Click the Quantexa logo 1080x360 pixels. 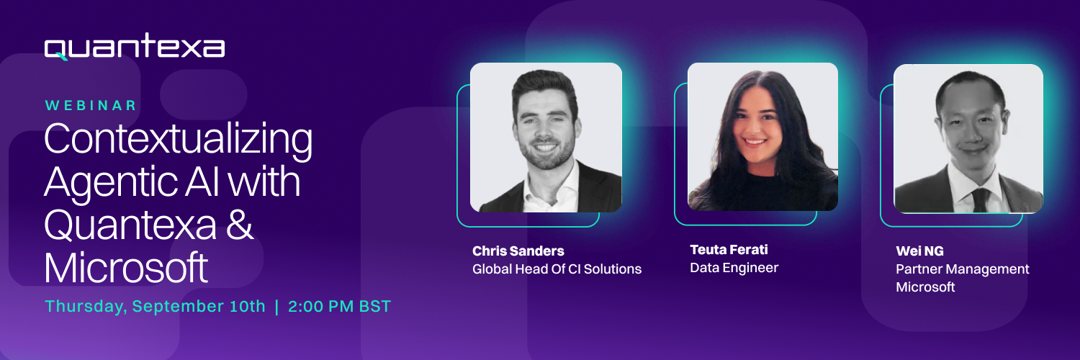tap(135, 47)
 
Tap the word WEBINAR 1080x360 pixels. tap(91, 106)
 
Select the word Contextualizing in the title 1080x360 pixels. tap(179, 140)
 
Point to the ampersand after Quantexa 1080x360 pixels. tap(240, 225)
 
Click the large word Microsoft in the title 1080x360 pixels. tap(126, 267)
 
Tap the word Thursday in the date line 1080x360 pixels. tap(86, 307)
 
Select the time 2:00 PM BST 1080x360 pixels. tap(339, 306)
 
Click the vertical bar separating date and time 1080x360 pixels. tap(276, 307)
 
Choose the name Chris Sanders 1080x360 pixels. tap(518, 251)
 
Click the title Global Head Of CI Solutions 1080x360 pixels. tap(557, 269)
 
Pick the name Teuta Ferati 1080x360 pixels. tap(729, 250)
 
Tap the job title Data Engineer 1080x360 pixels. tap(734, 268)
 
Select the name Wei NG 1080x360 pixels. tap(920, 251)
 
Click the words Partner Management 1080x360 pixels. tap(963, 269)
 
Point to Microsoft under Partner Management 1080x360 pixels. tap(925, 287)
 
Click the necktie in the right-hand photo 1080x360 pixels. tap(980, 199)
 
